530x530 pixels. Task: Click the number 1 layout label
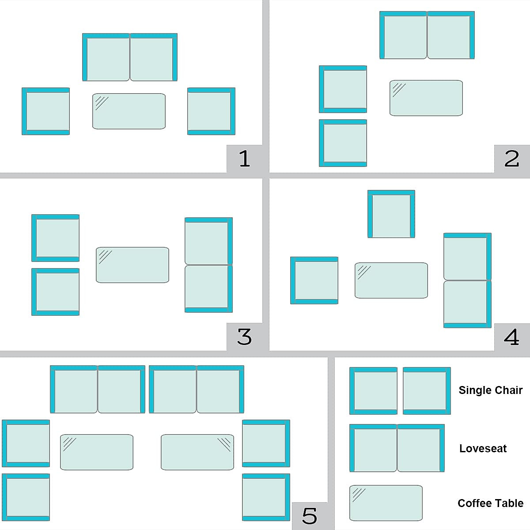click(245, 159)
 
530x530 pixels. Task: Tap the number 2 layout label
click(512, 159)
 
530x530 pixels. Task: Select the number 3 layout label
click(245, 337)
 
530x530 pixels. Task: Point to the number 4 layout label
click(512, 337)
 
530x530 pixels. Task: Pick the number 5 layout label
click(310, 515)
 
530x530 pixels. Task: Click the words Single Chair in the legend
click(490, 390)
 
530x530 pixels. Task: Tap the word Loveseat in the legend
click(483, 448)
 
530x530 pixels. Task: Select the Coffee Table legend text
click(490, 503)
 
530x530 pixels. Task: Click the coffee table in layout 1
click(129, 111)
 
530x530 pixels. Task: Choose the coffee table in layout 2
click(426, 98)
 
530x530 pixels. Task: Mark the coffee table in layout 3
click(132, 265)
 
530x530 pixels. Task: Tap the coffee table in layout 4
click(391, 280)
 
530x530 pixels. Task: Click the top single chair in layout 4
click(391, 214)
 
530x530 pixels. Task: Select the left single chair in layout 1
click(46, 111)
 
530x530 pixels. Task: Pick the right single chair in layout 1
click(211, 111)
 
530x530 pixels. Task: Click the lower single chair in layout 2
click(343, 143)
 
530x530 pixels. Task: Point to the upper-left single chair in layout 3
click(56, 238)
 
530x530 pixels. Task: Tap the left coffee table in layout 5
click(97, 452)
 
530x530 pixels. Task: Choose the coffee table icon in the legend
click(386, 503)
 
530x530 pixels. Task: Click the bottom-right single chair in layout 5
click(266, 497)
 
